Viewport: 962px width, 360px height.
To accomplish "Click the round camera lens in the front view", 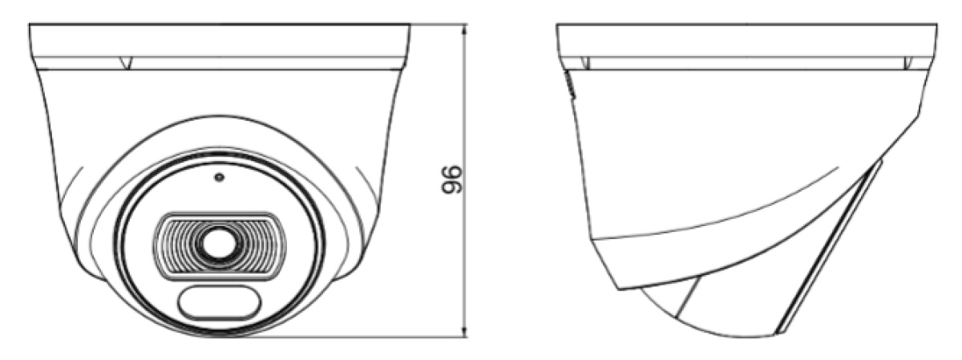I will (x=218, y=245).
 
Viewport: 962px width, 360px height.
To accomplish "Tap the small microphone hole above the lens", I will (x=218, y=178).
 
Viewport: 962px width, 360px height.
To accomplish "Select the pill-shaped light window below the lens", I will (x=218, y=302).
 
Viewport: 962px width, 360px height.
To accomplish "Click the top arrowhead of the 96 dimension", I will (x=466, y=28).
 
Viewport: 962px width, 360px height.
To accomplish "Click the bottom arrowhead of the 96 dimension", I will (x=466, y=332).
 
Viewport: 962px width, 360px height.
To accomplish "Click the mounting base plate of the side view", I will (x=746, y=40).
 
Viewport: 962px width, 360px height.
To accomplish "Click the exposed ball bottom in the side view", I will (x=713, y=317).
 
